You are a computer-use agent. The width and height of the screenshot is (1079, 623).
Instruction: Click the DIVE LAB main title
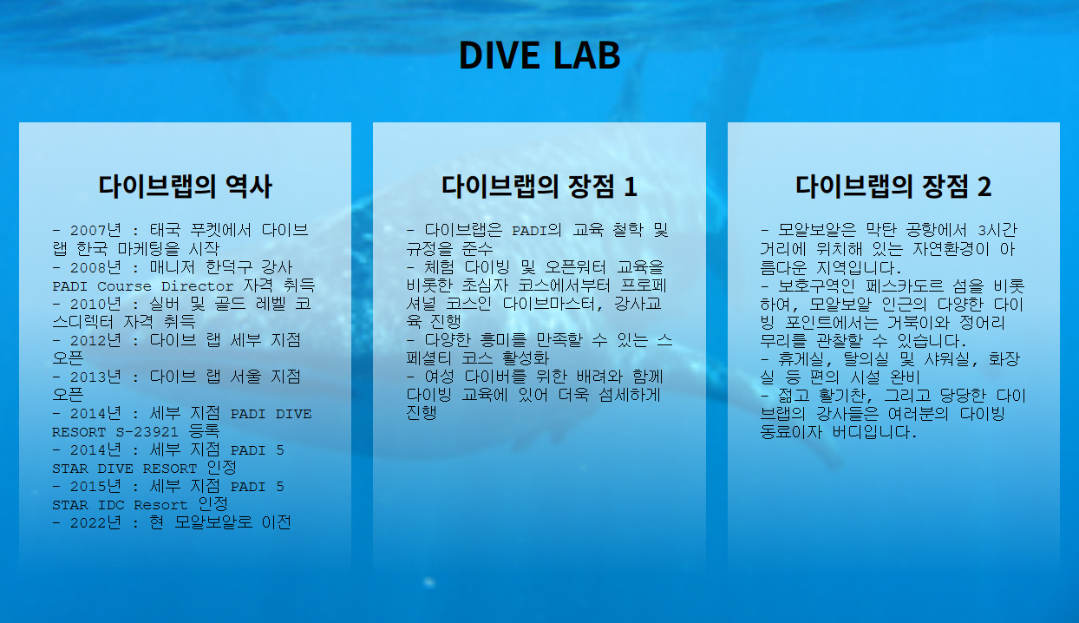tap(539, 56)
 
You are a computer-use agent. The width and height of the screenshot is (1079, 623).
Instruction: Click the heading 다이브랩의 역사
tap(185, 187)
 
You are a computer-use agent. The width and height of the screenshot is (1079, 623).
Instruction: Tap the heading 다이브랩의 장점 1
tap(539, 187)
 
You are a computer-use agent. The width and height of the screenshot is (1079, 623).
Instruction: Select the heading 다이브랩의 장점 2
tap(893, 187)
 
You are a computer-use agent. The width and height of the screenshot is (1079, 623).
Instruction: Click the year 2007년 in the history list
tap(95, 230)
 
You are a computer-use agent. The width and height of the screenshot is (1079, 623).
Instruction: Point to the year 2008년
tap(95, 267)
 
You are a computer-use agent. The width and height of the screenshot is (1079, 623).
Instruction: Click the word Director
tap(197, 286)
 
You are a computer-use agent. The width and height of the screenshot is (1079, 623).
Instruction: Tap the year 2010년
tap(95, 304)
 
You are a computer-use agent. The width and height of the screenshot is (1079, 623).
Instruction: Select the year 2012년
tap(95, 341)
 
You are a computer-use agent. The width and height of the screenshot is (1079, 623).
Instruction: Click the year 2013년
tap(95, 377)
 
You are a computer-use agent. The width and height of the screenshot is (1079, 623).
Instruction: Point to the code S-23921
tap(147, 432)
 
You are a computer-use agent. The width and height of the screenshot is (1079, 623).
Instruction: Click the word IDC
tap(111, 506)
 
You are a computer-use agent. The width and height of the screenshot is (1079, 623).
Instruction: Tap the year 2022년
tap(95, 522)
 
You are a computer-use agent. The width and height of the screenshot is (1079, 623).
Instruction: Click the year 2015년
tap(95, 487)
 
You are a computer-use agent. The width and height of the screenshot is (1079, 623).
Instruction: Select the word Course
tap(124, 286)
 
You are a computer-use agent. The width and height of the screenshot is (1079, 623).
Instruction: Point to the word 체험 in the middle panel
tap(439, 267)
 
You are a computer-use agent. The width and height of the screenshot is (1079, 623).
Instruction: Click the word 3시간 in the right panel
tap(997, 230)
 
